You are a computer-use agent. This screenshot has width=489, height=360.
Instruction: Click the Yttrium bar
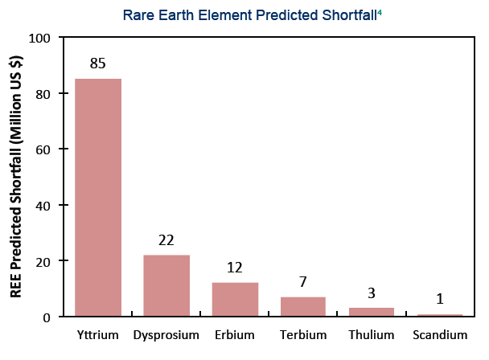(98, 198)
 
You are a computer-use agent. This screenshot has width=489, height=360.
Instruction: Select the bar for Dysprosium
(166, 285)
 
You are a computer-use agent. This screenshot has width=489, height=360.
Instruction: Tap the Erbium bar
(235, 299)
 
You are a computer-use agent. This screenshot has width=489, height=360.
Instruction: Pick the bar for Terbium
(303, 306)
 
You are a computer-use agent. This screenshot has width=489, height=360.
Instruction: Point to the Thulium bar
(372, 312)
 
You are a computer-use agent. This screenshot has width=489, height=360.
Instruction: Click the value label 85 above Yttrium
(97, 63)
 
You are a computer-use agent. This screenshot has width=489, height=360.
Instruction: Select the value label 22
(166, 240)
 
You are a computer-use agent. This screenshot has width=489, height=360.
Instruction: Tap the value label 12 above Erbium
(235, 268)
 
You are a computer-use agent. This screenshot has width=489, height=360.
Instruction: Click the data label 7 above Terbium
(303, 282)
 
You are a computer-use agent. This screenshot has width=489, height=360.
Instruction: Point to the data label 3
(371, 293)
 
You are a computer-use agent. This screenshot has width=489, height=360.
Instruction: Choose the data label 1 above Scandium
(440, 299)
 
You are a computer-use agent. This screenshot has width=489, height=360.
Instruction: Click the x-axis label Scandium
(440, 335)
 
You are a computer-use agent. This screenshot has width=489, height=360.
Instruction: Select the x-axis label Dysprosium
(166, 336)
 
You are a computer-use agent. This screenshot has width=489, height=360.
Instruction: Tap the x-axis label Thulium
(372, 335)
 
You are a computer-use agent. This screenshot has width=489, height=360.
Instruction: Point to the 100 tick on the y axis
(39, 39)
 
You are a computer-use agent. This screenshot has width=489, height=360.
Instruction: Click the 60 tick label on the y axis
(43, 150)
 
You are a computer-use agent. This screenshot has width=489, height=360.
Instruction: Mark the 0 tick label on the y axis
(47, 317)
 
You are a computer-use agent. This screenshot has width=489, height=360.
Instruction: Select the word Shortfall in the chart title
(350, 15)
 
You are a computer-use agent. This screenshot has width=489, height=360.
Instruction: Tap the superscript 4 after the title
(380, 12)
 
